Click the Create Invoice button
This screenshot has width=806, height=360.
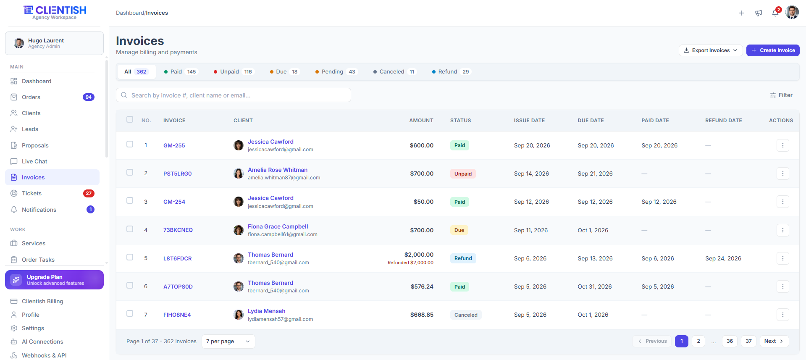point(773,50)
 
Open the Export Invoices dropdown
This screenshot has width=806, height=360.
point(711,50)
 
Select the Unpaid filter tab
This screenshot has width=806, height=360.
point(233,72)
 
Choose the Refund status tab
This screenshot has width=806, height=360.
point(451,72)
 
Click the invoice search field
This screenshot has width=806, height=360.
point(234,95)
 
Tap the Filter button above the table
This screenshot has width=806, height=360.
point(781,95)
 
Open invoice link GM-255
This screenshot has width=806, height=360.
point(174,146)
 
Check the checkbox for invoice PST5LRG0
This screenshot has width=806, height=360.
point(130,173)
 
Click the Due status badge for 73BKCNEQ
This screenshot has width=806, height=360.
point(459,230)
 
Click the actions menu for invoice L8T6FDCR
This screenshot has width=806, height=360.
point(782,258)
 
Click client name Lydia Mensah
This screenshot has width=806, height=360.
point(266,311)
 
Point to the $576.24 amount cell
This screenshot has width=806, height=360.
point(422,287)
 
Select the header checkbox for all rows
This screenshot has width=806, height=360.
point(130,120)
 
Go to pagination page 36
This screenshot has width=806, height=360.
point(730,341)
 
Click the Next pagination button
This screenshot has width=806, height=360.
point(774,341)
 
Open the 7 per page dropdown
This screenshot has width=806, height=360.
point(228,342)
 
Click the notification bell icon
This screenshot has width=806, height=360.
point(775,13)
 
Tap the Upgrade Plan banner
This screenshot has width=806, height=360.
point(54,280)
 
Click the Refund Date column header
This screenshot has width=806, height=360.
point(723,121)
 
